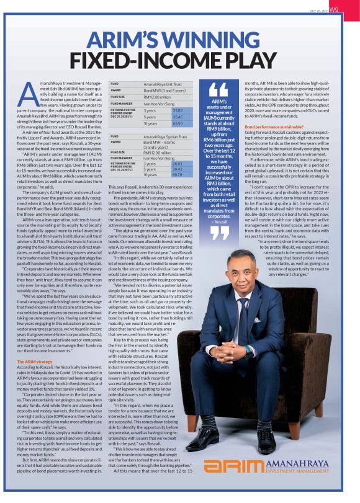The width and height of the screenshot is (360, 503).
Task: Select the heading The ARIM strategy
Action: coord(34,343)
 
